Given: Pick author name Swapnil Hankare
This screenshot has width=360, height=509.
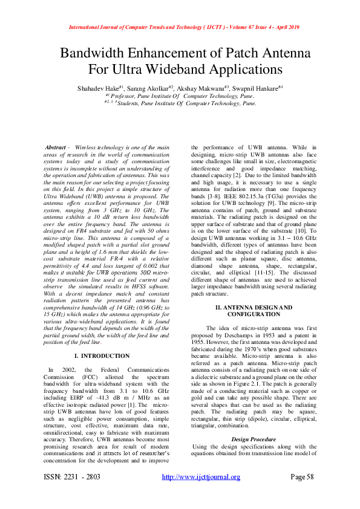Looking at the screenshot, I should coord(257,88).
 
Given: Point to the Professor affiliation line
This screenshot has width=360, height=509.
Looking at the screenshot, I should coord(180,96).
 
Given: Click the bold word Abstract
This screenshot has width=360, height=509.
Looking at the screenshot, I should coord(57,148).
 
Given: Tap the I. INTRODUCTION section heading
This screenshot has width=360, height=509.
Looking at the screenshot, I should coord(101,356).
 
